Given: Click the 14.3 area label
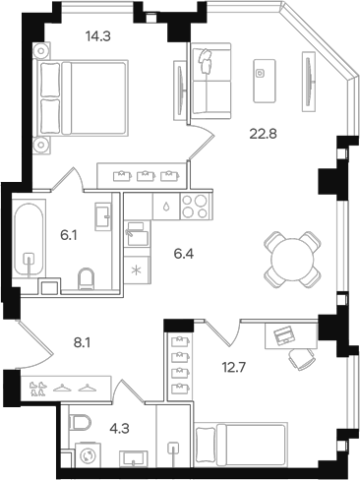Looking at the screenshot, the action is pos(97,35).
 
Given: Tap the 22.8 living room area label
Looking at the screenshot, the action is pos(264,134).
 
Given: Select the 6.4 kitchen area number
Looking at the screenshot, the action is pos(184,254).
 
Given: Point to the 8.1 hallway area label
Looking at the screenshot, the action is pos(82,343).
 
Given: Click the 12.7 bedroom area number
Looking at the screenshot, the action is pos(234,368).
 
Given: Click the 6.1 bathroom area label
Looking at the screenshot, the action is pos(69,235).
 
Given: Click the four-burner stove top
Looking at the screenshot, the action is pos(195,207).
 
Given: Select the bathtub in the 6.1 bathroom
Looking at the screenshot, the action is pos(29,240).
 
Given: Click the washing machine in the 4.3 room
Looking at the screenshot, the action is pos(88,455).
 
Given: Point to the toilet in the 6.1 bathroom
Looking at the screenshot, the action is pos(87,279).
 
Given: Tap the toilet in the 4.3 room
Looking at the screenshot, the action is pos(80,423).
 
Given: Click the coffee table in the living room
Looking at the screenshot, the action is pos(265,81).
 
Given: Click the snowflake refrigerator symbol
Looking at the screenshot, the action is pos(136,270).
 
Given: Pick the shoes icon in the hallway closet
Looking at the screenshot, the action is pos(36,389).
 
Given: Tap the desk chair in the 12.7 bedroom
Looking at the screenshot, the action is pos(302,358).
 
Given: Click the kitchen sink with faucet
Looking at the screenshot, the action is pos(137,234).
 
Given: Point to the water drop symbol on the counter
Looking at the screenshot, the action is pos(166,208).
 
